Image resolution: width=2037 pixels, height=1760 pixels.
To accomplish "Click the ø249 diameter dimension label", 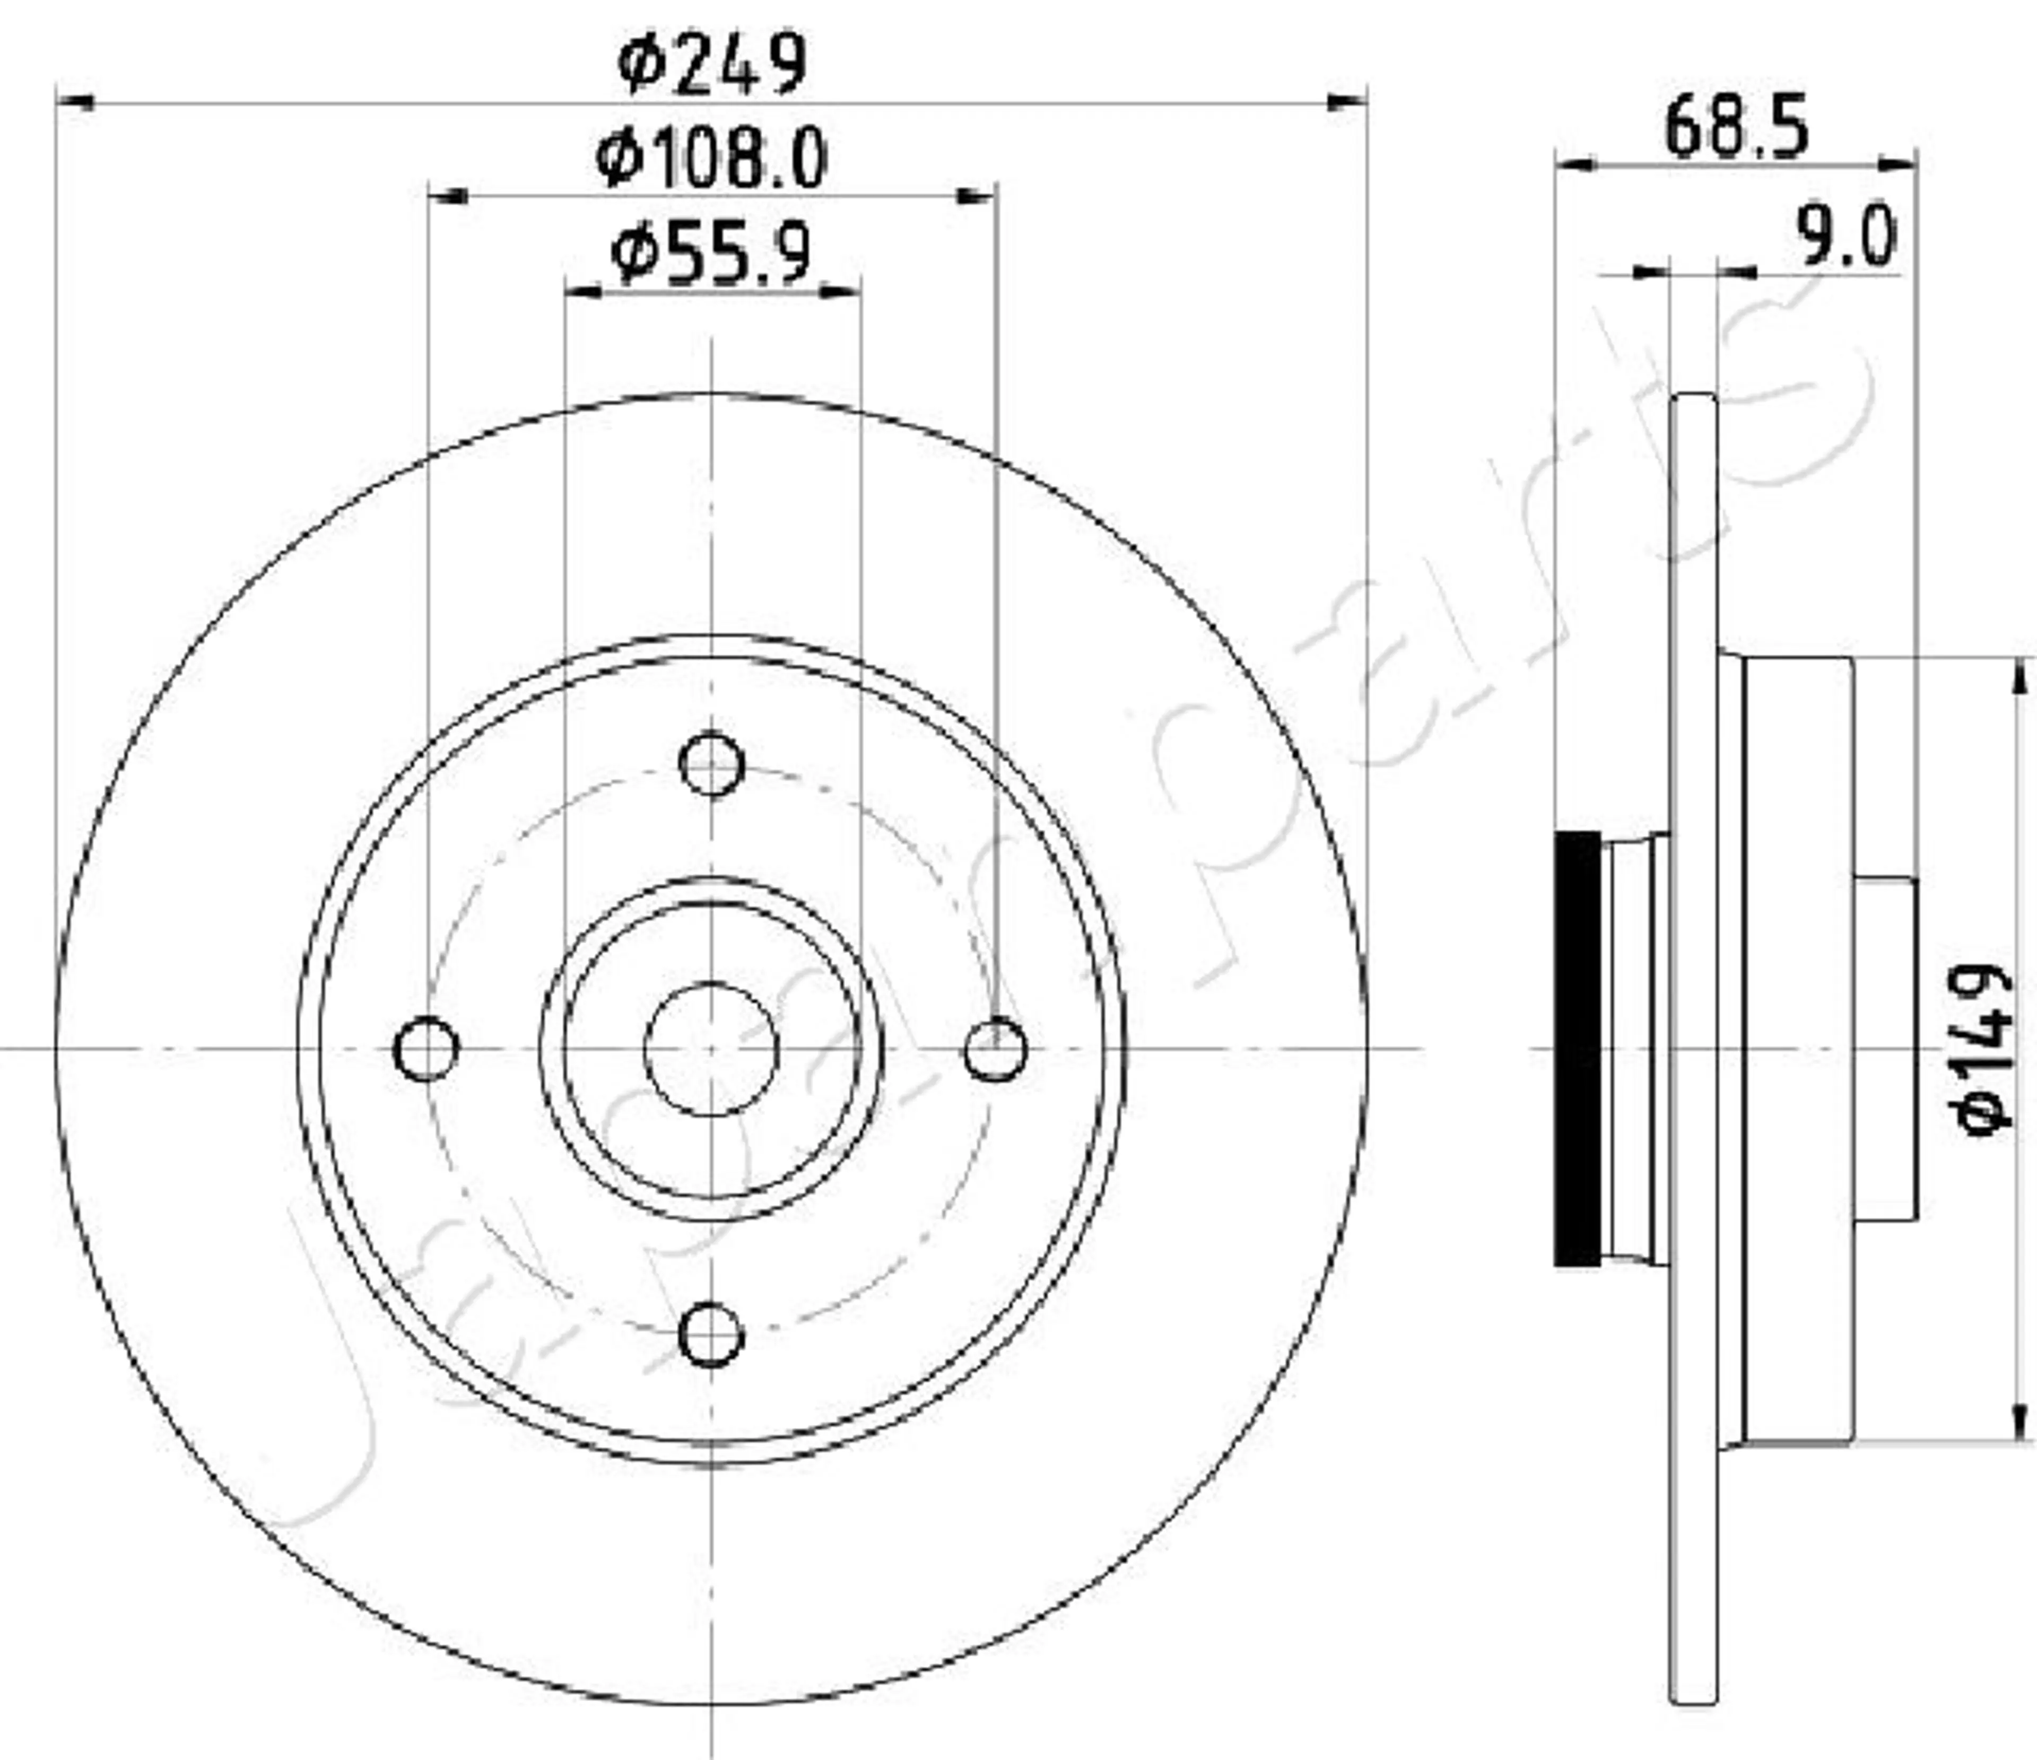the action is click(712, 63).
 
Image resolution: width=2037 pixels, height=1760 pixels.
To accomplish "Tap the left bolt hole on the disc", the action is click(425, 1049).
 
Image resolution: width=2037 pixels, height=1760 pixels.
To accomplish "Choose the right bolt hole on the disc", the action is click(996, 1049).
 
